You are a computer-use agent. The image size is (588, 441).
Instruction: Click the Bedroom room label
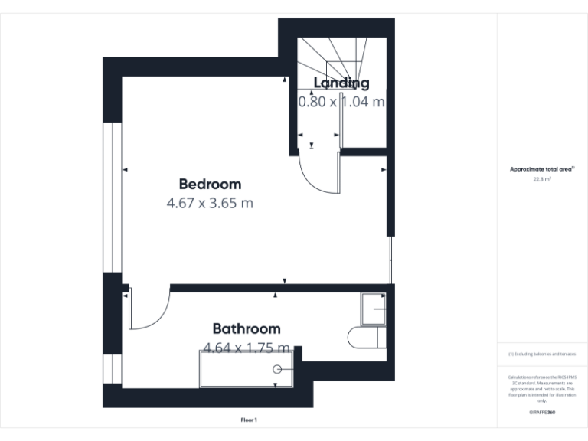coord(210,184)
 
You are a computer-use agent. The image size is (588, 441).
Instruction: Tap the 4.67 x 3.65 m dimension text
coord(210,204)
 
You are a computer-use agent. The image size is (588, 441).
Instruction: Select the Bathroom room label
coord(246,328)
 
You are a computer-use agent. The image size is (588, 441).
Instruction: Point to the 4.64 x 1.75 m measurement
coord(246,348)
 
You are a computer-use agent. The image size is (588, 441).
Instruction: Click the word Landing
coord(341,83)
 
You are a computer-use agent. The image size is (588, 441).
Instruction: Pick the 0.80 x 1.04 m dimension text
coord(341,101)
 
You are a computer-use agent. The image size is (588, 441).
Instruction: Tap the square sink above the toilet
coord(374,309)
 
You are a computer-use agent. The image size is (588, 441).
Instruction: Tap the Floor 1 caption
coord(249,420)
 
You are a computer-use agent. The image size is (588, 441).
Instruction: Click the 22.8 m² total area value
coord(542,179)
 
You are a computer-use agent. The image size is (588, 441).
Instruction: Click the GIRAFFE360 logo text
coord(542,413)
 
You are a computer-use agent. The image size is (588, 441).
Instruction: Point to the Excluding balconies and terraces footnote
coord(542,354)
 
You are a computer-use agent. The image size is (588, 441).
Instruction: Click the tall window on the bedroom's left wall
coord(112,197)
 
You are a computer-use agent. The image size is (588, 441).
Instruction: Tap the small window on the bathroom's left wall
coord(112,368)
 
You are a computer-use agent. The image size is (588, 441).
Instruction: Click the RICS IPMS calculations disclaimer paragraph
coord(542,388)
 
